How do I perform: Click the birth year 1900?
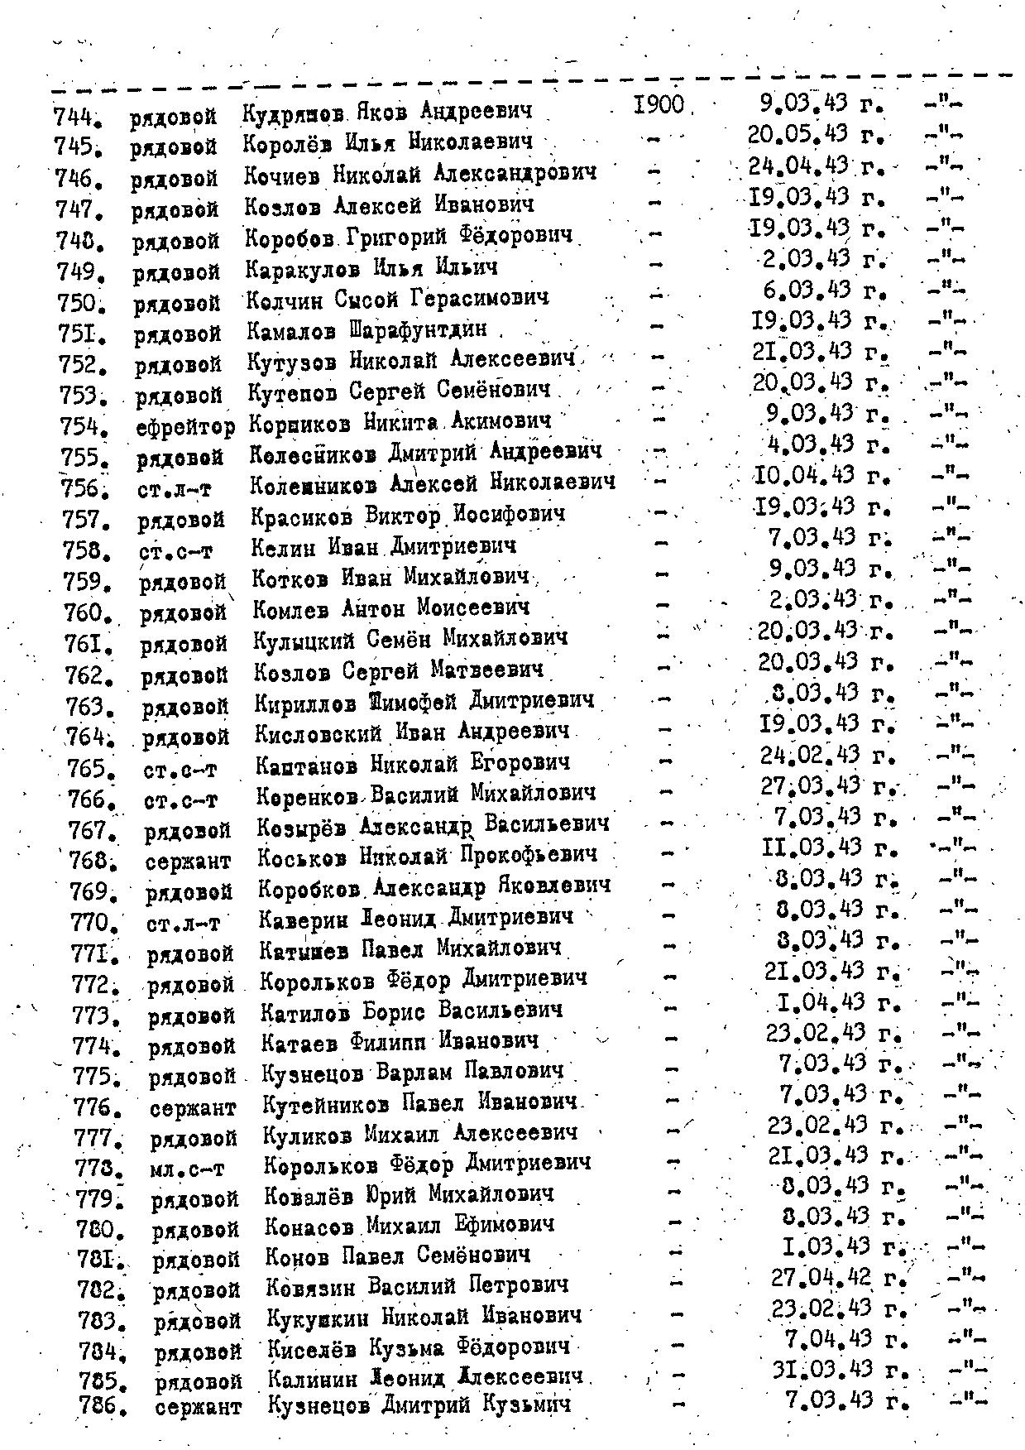(659, 105)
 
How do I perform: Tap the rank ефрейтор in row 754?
(185, 425)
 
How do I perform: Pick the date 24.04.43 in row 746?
(798, 166)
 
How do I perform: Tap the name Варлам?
(406, 1073)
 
